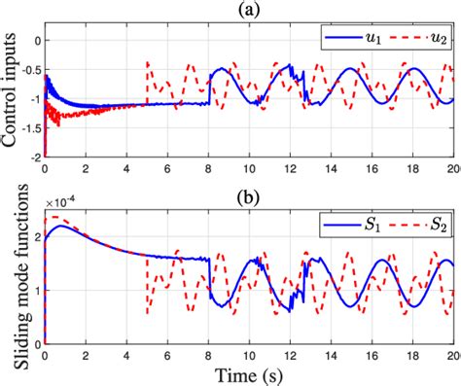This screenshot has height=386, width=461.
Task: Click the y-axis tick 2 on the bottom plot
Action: (x=36, y=237)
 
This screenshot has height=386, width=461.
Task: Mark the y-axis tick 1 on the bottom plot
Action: (x=36, y=291)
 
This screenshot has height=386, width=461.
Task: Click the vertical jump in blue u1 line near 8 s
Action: (x=209, y=92)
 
